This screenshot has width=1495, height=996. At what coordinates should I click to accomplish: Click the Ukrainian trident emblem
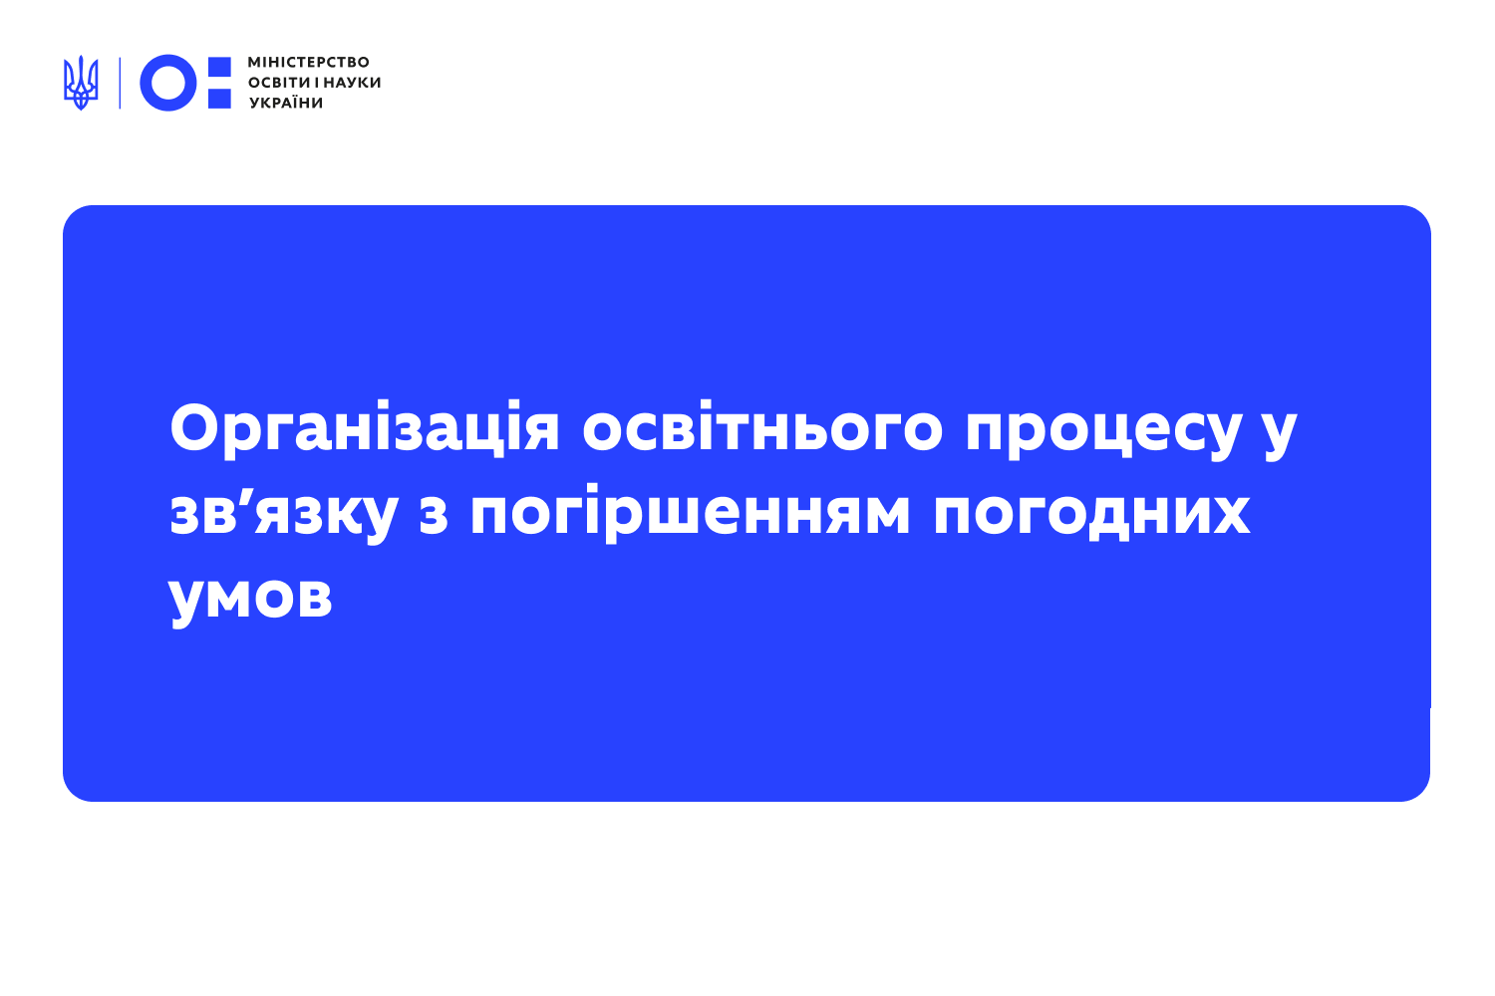tap(81, 83)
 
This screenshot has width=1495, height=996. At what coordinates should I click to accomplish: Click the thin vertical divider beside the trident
tap(120, 83)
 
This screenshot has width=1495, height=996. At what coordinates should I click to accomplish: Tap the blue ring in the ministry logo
tap(167, 83)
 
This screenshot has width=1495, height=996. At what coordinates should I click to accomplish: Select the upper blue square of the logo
tap(219, 66)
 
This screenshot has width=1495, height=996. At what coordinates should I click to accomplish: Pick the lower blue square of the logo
tap(219, 98)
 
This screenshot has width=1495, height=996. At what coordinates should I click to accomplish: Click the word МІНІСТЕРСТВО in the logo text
tap(308, 62)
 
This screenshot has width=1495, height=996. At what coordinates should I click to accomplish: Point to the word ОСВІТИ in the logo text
tap(278, 83)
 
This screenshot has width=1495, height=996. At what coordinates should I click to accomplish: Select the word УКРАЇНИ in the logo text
tap(286, 103)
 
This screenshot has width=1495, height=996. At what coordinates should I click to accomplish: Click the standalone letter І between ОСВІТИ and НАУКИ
tap(316, 83)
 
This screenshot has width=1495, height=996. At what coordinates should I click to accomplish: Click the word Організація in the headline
tap(365, 430)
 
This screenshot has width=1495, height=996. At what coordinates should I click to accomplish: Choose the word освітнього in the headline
tap(762, 430)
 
